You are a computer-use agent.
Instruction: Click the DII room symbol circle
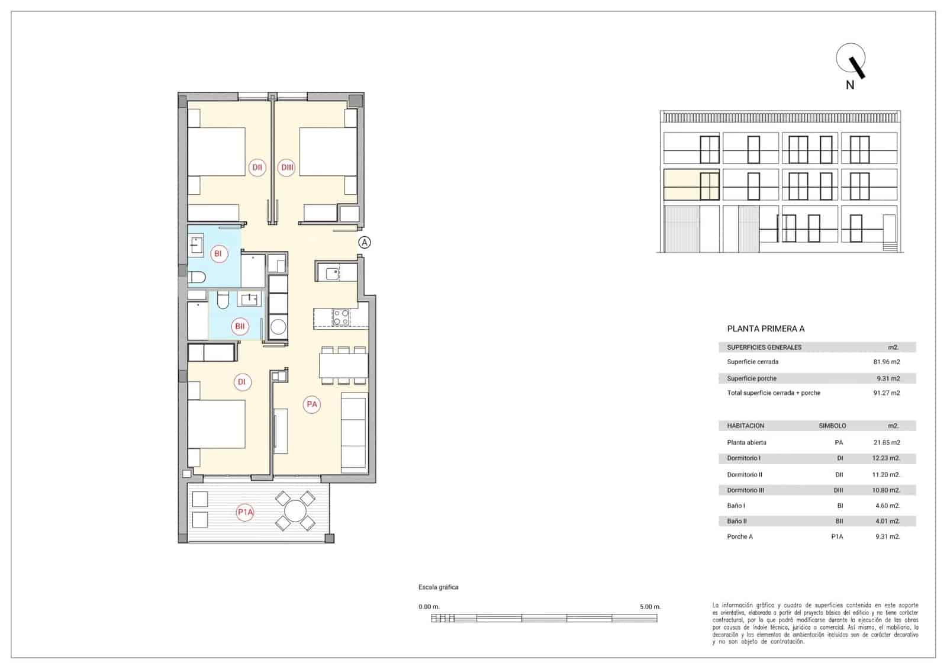coord(257,168)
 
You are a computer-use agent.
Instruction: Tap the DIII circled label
coord(287,168)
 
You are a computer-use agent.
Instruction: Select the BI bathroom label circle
coord(218,254)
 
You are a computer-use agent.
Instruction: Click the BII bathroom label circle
coord(240,326)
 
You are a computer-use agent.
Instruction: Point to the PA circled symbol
coord(311,404)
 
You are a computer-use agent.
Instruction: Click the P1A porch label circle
coord(245,512)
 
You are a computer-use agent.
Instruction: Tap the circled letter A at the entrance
coord(365,242)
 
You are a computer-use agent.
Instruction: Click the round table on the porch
coord(295,510)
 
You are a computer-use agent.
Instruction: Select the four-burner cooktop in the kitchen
coord(340,317)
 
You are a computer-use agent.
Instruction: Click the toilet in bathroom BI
coord(197,276)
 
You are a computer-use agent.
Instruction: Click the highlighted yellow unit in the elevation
coord(691,185)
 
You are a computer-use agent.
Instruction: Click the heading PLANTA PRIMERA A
coord(765,329)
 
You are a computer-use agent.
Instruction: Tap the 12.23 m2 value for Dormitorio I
coord(886,458)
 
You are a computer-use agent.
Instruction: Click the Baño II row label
coord(736,521)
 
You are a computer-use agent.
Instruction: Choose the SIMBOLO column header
coord(832,426)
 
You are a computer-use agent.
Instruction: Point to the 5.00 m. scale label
coord(650,607)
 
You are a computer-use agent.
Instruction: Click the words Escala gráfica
coord(438,587)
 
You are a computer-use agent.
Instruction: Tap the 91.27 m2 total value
coord(886,393)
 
